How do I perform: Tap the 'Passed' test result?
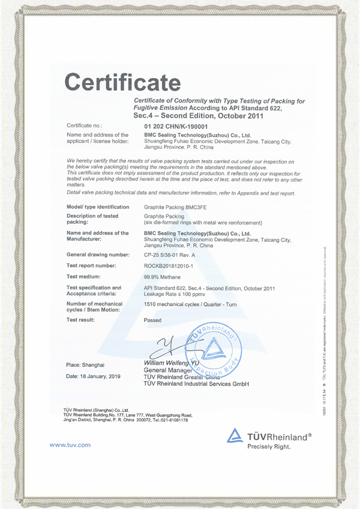coord(153,321)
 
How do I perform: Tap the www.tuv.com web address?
coord(70,445)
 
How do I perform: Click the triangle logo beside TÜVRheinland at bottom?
coord(235,436)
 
